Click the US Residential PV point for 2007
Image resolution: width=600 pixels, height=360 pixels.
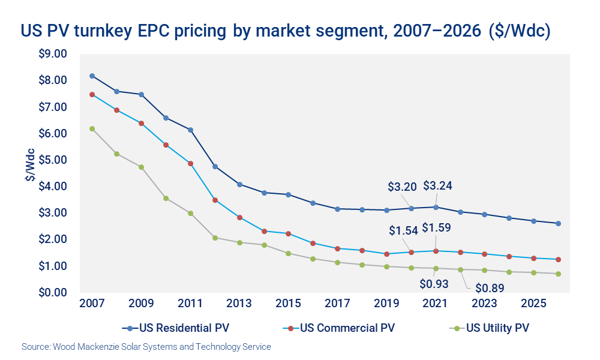tap(92, 76)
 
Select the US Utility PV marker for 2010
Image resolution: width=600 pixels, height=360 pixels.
tap(166, 198)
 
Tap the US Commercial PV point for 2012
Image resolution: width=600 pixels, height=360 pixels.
tap(215, 200)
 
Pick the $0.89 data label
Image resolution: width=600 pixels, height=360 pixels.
tap(490, 287)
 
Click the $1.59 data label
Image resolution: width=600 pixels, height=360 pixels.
tap(437, 229)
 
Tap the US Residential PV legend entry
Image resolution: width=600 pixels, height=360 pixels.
tap(178, 328)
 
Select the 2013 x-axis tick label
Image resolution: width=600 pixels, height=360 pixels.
tap(239, 304)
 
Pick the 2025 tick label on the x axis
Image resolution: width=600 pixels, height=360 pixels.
tap(533, 304)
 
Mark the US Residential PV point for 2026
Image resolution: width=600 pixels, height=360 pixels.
tap(558, 223)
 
